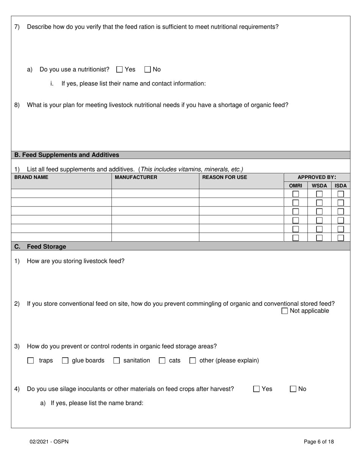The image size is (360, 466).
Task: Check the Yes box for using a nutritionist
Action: (120, 69)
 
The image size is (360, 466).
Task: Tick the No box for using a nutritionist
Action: (148, 69)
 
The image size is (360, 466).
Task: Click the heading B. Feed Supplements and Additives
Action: (67, 155)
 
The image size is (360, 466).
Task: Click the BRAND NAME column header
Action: (31, 177)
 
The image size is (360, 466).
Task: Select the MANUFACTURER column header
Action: (136, 177)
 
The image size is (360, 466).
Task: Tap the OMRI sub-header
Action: (296, 186)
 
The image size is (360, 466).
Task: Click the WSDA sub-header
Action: (319, 186)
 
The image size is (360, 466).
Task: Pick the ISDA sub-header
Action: (341, 186)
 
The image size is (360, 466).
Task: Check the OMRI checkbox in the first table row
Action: (296, 194)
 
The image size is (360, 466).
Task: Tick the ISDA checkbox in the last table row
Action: (341, 238)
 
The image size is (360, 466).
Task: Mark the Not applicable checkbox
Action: (285, 311)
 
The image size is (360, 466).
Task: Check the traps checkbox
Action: (31, 361)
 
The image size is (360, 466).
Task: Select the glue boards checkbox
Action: (65, 361)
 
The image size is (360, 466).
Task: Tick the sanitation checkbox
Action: (117, 361)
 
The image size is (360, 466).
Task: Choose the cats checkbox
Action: (162, 361)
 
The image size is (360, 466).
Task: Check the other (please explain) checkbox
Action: (193, 361)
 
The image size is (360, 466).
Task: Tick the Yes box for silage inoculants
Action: (257, 389)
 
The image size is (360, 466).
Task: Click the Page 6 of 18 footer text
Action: (319, 442)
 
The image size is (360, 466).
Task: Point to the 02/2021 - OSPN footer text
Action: (49, 442)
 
